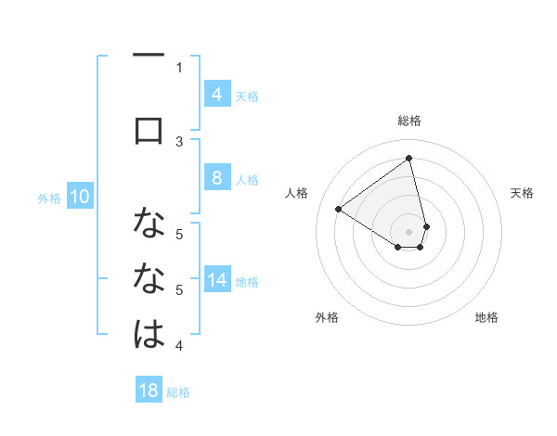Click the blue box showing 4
click(x=216, y=94)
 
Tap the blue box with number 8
click(x=216, y=178)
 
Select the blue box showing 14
click(x=216, y=281)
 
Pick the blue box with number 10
click(x=79, y=197)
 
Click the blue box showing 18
click(x=149, y=391)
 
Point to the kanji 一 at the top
click(x=149, y=56)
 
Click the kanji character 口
click(x=149, y=130)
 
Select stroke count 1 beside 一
click(x=179, y=67)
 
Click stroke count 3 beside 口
click(x=179, y=141)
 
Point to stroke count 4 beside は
click(x=179, y=346)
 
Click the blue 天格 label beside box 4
click(x=247, y=96)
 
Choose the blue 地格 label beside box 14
click(x=247, y=282)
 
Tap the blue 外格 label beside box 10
click(x=49, y=198)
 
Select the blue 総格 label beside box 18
click(x=178, y=392)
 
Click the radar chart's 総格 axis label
click(x=409, y=121)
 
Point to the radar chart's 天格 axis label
click(x=523, y=193)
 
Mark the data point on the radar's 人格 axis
click(x=338, y=210)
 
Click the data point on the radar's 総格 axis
click(x=409, y=159)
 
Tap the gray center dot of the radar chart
click(x=409, y=231)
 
